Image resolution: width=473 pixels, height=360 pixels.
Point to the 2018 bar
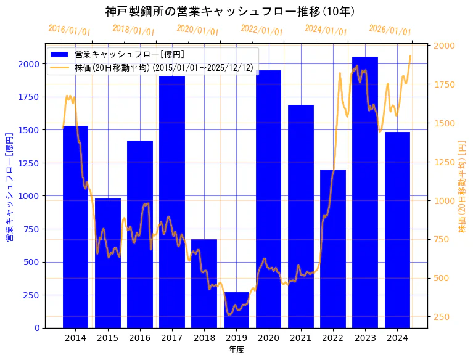[x=204, y=284]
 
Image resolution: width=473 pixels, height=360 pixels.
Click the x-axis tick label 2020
[x=268, y=338]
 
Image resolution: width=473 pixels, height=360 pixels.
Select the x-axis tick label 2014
[x=75, y=338]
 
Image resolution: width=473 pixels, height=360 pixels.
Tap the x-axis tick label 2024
[x=397, y=338]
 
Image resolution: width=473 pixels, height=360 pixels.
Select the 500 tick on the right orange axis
[x=444, y=278]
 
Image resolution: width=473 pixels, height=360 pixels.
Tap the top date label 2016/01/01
[x=69, y=30]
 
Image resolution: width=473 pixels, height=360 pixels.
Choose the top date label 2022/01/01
[x=261, y=30]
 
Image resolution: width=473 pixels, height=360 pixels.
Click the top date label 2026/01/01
[x=390, y=30]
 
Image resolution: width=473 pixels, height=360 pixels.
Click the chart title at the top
[x=229, y=11]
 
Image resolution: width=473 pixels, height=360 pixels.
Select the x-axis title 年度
[x=236, y=350]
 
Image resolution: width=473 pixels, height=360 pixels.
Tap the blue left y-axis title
[x=9, y=186]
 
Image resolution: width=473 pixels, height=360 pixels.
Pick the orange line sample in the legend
[x=60, y=67]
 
